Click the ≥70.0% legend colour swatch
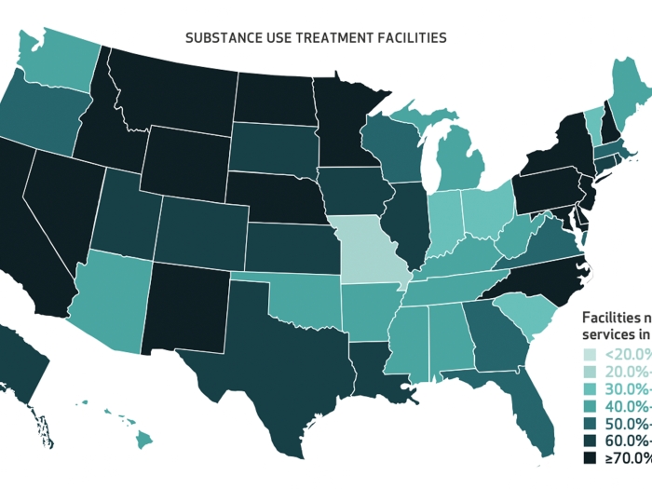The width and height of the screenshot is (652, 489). (x=589, y=458)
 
